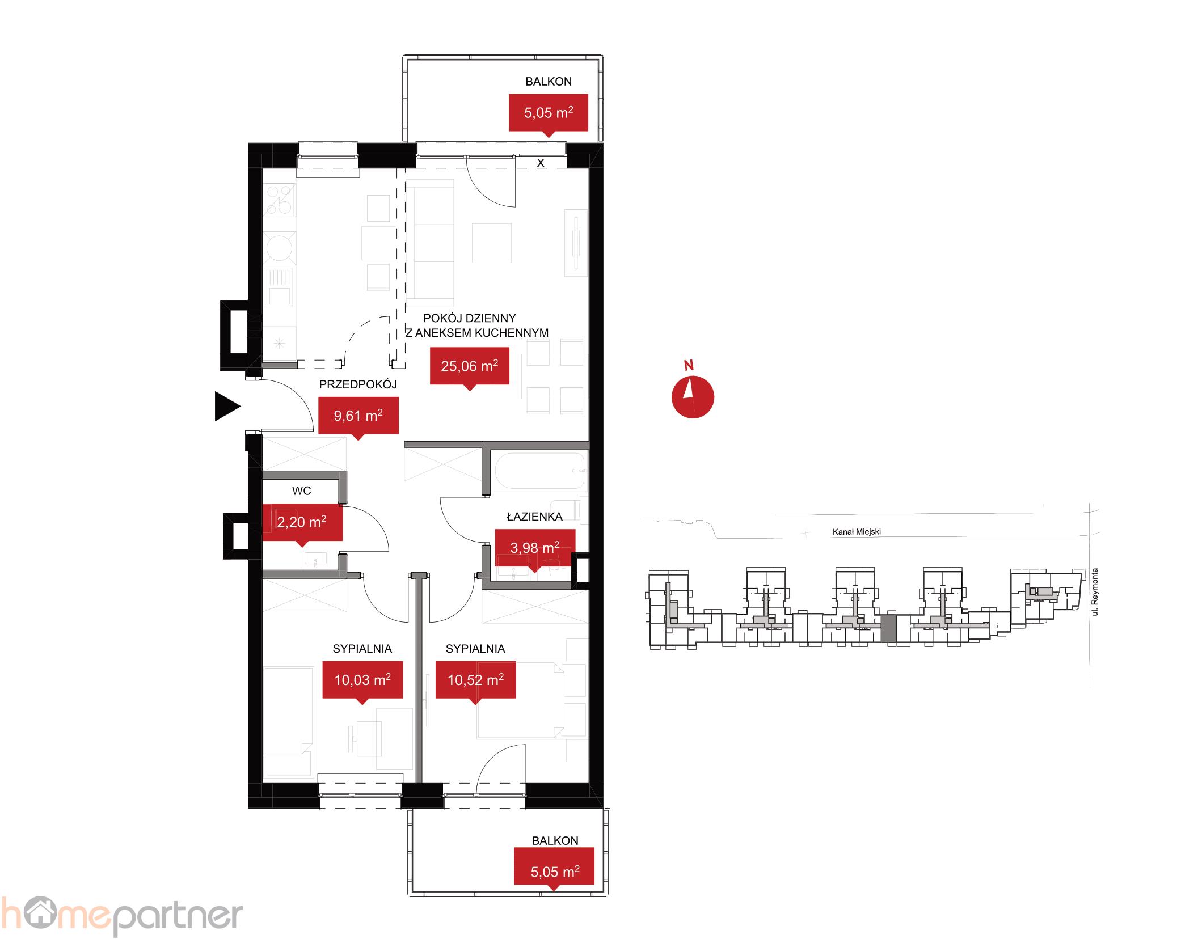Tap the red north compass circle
[693, 397]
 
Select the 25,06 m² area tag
[469, 366]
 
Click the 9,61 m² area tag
[358, 416]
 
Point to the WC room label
[301, 491]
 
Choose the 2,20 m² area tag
[301, 522]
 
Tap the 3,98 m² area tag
[534, 548]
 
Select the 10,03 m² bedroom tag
[362, 679]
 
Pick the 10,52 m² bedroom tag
[475, 679]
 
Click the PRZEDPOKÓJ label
[358, 384]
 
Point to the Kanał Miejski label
[856, 532]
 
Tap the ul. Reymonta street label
[1095, 592]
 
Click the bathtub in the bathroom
[539, 471]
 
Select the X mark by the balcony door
[541, 163]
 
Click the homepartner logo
[121, 916]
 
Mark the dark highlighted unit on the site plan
[888, 628]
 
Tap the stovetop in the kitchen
[280, 201]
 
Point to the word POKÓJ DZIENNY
[469, 318]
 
